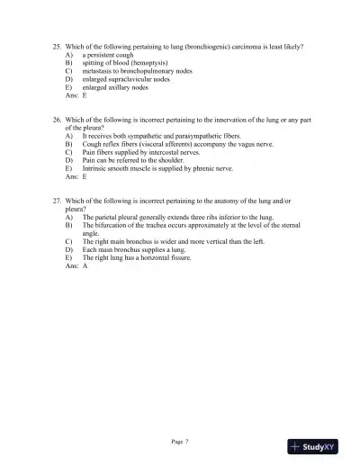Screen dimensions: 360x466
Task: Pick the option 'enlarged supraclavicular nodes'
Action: pos(126,79)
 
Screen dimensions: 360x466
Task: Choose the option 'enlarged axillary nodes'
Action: pos(115,87)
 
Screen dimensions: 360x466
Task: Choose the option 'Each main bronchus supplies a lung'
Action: pos(137,250)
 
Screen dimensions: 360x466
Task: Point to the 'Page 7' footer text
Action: pos(180,441)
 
